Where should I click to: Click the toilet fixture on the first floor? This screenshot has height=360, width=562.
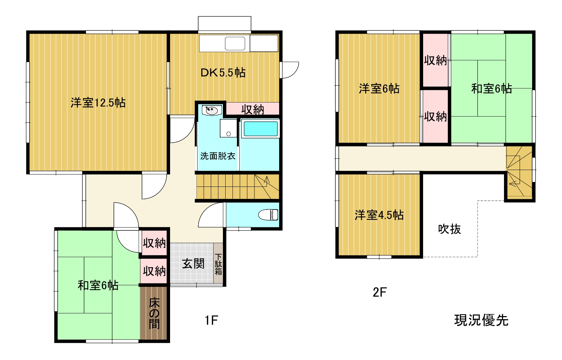(x=268, y=215)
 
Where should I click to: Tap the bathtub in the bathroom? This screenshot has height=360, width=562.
(x=261, y=129)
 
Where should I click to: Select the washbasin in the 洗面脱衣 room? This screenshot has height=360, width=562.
(x=212, y=110)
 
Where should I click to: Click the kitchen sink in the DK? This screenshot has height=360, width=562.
(x=235, y=44)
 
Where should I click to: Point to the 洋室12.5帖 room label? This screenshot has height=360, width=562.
(x=98, y=103)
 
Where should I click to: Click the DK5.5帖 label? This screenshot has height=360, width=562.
(x=223, y=73)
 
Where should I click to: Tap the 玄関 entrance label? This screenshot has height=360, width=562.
(x=193, y=264)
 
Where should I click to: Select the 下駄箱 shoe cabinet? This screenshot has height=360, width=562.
(x=218, y=263)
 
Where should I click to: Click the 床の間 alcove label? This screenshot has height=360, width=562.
(x=154, y=314)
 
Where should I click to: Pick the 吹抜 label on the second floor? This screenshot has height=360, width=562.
(x=449, y=229)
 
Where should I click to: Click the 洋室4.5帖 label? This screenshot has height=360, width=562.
(x=379, y=215)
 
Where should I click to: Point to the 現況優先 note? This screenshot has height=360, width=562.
(x=481, y=320)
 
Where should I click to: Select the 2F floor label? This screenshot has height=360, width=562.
(x=380, y=292)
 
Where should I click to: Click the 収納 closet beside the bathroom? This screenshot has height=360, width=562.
(x=253, y=109)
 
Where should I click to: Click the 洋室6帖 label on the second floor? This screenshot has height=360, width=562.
(x=379, y=88)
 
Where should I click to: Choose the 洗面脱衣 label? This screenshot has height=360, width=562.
(x=218, y=156)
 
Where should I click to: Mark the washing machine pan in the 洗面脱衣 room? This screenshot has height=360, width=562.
(x=228, y=128)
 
